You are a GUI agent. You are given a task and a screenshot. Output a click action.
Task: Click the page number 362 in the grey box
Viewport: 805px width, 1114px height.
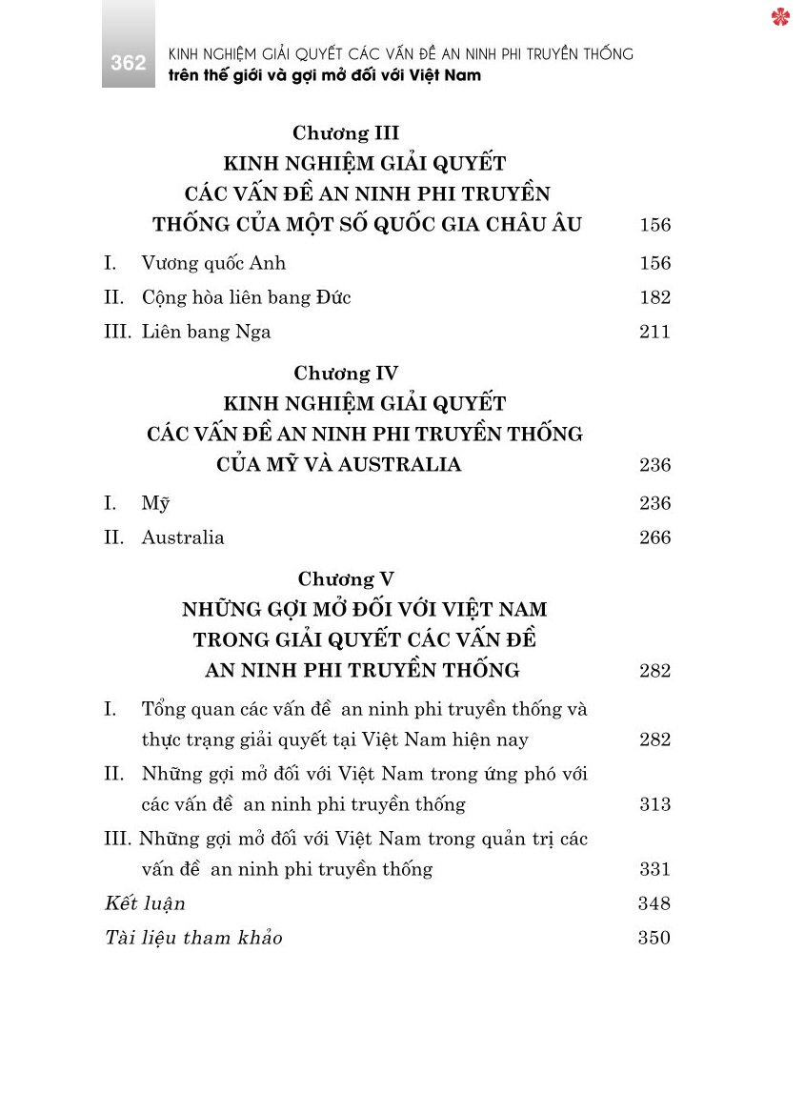(x=128, y=63)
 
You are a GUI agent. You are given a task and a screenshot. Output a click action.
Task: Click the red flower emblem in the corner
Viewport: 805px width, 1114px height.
(x=780, y=16)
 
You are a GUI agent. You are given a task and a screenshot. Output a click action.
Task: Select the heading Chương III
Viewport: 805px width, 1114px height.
(x=345, y=133)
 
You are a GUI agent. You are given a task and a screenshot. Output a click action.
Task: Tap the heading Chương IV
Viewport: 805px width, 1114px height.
(x=345, y=374)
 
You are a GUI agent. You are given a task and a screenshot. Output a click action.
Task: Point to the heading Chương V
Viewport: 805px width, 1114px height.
(x=345, y=579)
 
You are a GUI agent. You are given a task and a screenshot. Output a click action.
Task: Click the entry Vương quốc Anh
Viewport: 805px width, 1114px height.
(x=213, y=263)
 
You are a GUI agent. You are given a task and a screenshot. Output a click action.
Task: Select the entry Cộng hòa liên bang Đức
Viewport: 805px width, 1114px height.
(x=246, y=297)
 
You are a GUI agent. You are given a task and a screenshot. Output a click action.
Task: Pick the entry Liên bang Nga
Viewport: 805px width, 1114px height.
(x=206, y=332)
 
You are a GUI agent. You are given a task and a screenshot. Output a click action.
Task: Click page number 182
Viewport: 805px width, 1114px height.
(x=654, y=297)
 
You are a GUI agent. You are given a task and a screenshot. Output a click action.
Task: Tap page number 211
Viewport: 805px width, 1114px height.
(x=654, y=332)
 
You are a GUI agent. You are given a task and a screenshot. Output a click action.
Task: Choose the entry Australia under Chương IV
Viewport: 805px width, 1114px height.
(x=183, y=537)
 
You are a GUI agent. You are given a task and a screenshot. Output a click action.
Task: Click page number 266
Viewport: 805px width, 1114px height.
(x=654, y=537)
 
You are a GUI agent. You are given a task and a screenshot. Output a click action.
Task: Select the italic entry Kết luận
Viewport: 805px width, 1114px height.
(x=145, y=903)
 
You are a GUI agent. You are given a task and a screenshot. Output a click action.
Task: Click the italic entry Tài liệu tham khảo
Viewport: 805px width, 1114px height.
(x=193, y=938)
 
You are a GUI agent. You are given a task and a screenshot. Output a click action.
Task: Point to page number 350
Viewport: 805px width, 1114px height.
(x=654, y=938)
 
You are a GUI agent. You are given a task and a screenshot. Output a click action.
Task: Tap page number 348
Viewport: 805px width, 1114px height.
(x=654, y=903)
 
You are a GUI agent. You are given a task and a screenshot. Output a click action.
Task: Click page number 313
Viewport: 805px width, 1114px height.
(x=654, y=804)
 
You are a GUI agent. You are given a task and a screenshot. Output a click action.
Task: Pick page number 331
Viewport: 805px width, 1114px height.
(x=654, y=869)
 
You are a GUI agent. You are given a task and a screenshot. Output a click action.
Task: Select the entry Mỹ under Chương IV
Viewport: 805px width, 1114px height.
(x=155, y=503)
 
